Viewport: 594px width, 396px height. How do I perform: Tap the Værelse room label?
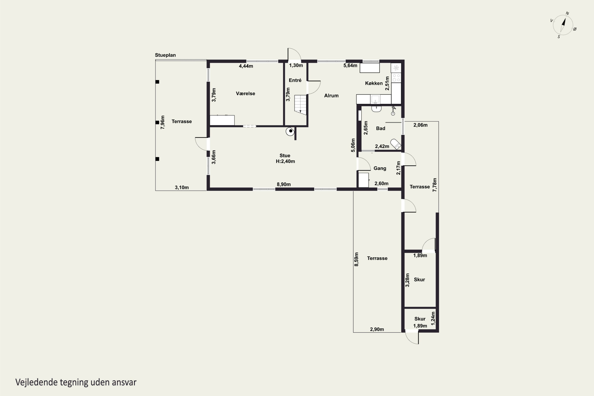click(246, 93)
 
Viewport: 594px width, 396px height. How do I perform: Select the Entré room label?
click(295, 80)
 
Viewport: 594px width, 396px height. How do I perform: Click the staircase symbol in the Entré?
click(300, 105)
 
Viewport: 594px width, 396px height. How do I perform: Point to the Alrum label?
click(331, 95)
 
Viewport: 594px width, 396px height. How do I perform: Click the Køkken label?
click(374, 83)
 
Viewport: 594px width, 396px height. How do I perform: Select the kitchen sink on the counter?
click(375, 99)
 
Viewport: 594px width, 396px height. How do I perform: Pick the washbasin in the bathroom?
click(376, 109)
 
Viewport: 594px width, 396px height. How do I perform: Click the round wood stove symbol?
click(290, 131)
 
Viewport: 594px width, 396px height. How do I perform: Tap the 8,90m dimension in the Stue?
click(284, 184)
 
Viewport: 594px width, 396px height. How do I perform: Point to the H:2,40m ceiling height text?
click(285, 161)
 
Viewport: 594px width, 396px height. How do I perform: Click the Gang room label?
click(380, 168)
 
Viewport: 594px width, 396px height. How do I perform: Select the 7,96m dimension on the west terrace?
click(163, 122)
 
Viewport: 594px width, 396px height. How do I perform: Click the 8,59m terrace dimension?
click(356, 259)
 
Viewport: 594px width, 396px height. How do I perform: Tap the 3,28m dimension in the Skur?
click(407, 280)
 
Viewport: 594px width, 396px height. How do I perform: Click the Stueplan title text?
click(165, 55)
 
